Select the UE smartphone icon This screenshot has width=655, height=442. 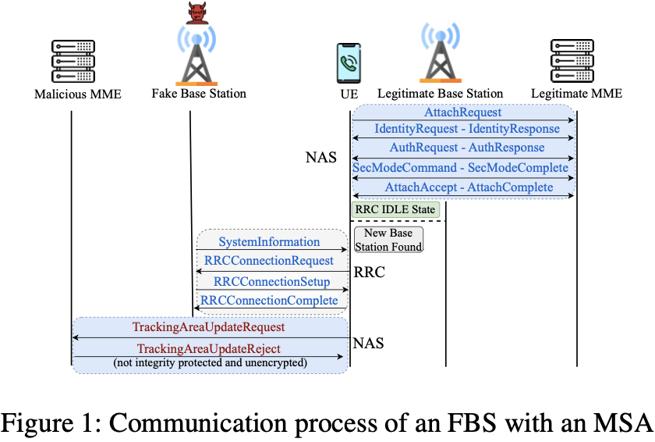[x=349, y=62]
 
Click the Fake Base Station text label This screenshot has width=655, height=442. [x=199, y=94]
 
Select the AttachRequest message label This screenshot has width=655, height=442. [x=462, y=113]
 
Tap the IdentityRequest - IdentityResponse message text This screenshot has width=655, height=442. [x=466, y=129]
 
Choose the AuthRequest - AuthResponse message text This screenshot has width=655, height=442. [x=467, y=148]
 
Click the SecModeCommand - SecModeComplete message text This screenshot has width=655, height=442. [x=461, y=168]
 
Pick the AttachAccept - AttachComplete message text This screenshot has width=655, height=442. [x=469, y=187]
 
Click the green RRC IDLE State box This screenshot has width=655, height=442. [x=395, y=209]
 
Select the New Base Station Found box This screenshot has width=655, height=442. [x=388, y=240]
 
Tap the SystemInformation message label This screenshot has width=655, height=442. [x=269, y=242]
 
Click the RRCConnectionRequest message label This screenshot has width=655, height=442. [x=268, y=261]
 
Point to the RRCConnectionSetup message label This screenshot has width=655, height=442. [x=271, y=281]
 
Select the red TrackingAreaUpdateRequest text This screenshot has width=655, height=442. [x=208, y=327]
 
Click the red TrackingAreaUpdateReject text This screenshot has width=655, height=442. [x=208, y=348]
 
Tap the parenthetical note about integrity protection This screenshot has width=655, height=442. [x=210, y=363]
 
